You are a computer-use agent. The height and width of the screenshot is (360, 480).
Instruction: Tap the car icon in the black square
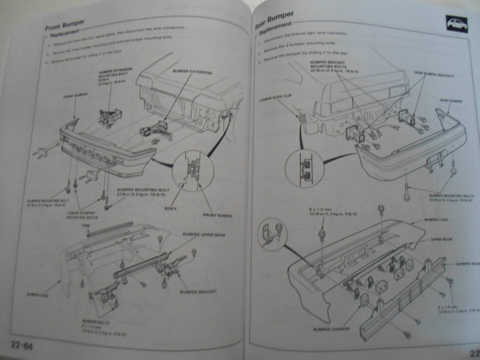[457, 23]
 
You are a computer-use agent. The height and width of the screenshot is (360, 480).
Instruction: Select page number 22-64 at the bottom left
[20, 344]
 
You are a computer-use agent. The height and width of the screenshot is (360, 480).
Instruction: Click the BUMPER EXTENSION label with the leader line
[192, 73]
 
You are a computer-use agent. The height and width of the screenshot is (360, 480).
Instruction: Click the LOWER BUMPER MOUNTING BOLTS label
[82, 215]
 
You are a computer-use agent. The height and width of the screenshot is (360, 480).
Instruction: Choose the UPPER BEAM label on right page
[441, 239]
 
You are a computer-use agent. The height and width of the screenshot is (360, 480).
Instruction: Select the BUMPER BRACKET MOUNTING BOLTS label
[330, 66]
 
